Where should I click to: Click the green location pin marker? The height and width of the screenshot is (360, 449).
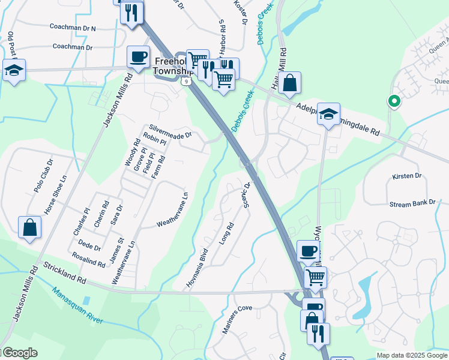tap(394, 101)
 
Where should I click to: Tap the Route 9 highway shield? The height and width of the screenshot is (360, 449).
tap(187, 81)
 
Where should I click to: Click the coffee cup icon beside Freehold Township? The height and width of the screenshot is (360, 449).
tap(138, 57)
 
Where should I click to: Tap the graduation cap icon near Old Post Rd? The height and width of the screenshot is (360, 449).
tap(13, 70)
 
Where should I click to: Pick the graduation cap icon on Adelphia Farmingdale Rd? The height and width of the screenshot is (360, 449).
tap(328, 114)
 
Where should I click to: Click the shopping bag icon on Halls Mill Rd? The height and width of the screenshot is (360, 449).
tap(289, 84)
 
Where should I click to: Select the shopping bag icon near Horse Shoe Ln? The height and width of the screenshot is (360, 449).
tap(29, 228)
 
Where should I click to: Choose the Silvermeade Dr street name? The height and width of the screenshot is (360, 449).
tap(170, 131)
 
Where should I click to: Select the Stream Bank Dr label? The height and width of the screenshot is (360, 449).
tap(412, 204)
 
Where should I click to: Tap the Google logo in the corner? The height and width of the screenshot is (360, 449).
tap(19, 353)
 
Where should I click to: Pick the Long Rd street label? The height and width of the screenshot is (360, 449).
tap(226, 233)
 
